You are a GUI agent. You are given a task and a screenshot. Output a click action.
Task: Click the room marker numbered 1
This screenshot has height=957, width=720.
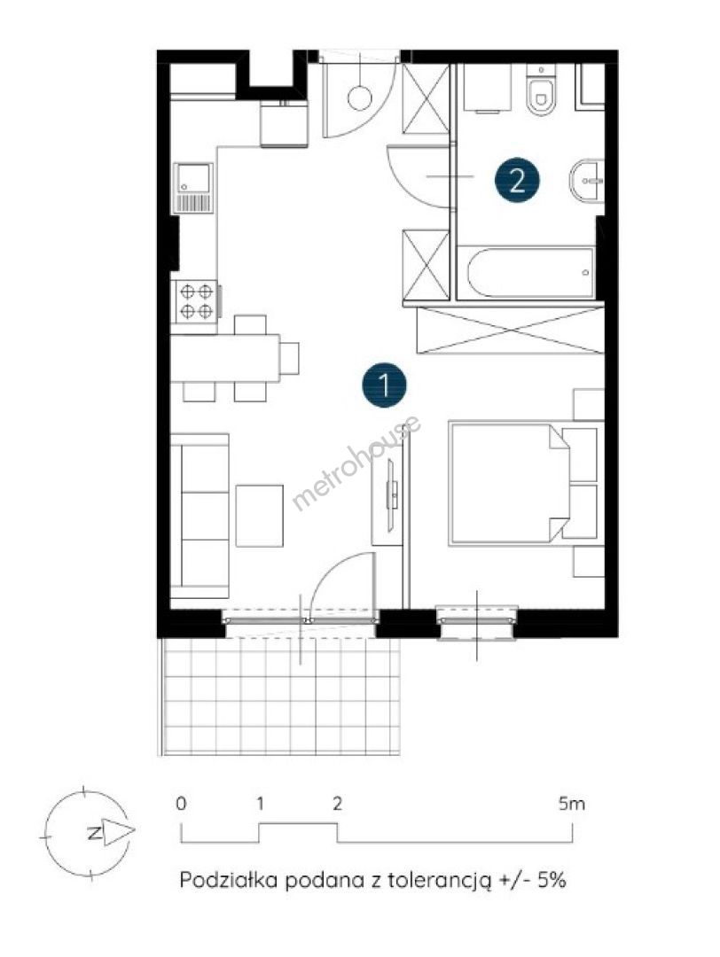pyautogui.click(x=384, y=385)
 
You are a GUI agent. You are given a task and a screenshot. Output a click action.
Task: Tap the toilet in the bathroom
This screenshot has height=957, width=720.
pyautogui.click(x=541, y=91)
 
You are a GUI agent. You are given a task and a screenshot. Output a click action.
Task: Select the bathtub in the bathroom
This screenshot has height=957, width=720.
pyautogui.click(x=525, y=272)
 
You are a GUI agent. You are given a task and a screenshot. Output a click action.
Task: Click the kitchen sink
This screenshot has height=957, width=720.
pyautogui.click(x=194, y=188)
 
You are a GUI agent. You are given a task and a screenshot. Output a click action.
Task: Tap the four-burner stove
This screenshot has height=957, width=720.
pyautogui.click(x=196, y=301)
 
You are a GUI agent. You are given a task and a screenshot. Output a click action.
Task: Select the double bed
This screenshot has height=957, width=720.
pyautogui.click(x=523, y=482)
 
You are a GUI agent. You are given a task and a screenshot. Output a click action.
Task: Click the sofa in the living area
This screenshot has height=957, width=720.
pyautogui.click(x=200, y=517)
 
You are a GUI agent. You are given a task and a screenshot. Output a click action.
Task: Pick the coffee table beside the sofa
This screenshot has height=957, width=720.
pyautogui.click(x=260, y=516)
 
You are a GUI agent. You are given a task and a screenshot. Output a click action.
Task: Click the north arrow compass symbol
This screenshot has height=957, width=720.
pyautogui.click(x=90, y=832)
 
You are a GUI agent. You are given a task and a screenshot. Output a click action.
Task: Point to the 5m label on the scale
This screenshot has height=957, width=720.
pyautogui.click(x=572, y=804)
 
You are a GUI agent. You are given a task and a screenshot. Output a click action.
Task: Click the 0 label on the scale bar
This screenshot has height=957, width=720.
pyautogui.click(x=181, y=804)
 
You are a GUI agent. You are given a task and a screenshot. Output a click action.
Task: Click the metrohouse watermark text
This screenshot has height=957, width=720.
pyautogui.click(x=356, y=463)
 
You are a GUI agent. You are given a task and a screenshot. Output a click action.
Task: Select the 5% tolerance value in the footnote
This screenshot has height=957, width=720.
pyautogui.click(x=552, y=881)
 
